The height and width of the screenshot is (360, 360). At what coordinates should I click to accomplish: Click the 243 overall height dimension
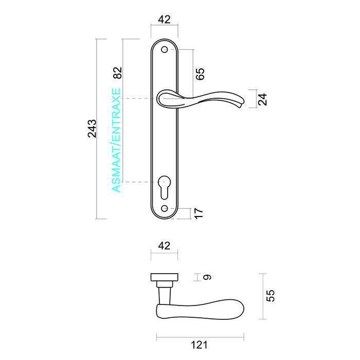point(92,129)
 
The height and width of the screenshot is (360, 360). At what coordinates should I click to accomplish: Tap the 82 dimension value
point(117,73)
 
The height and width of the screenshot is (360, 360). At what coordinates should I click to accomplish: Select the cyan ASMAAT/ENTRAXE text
point(117,140)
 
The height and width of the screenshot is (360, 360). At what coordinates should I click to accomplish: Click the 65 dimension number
point(200,74)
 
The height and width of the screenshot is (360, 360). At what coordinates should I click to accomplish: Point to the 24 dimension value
point(263,99)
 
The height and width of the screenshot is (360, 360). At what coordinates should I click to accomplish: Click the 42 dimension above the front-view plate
point(164,20)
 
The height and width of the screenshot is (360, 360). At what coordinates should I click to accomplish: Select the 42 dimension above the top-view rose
point(164,246)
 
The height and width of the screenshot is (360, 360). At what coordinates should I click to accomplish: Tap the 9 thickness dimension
point(207,277)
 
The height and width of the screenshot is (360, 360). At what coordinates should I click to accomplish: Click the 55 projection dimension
point(271,295)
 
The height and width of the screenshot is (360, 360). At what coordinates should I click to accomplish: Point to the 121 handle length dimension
point(199,345)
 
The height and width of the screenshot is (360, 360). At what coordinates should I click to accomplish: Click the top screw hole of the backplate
point(165,50)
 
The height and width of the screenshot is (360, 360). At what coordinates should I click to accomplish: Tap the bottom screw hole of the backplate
point(165,208)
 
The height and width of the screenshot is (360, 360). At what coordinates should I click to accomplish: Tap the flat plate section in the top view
point(164,278)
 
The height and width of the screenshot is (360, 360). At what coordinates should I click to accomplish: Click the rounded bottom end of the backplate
point(165,216)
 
